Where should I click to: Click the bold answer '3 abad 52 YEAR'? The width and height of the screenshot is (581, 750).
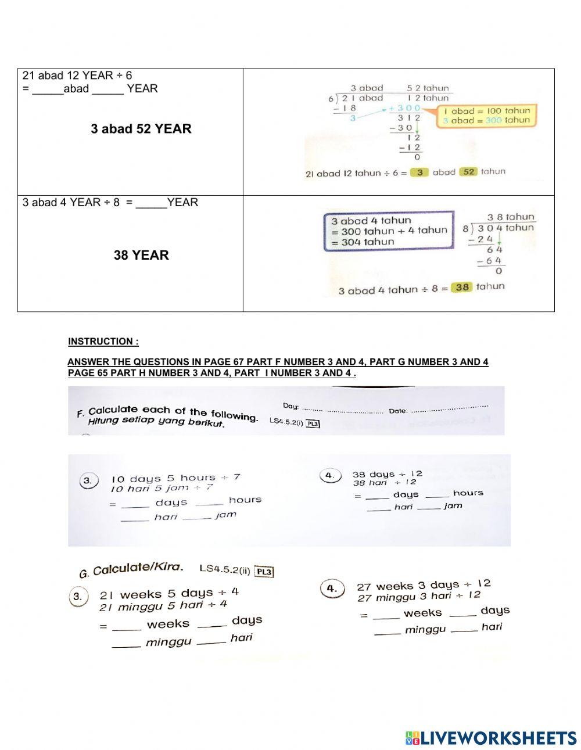141,129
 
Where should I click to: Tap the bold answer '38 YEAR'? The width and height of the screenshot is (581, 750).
141,255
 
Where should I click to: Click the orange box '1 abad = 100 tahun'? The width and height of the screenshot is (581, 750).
486,116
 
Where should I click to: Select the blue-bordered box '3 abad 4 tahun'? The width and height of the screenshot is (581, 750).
388,231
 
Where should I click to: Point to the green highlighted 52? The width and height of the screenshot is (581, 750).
469,172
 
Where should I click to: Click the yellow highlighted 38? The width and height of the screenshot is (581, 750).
462,287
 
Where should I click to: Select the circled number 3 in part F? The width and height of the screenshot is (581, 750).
87,481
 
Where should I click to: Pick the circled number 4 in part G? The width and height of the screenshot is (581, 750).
332,588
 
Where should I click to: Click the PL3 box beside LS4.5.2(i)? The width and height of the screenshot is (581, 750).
313,424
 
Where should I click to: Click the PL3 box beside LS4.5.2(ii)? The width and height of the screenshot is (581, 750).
264,572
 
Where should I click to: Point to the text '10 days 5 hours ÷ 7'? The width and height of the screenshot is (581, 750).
175,478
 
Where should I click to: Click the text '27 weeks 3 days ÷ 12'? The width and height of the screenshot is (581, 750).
424,585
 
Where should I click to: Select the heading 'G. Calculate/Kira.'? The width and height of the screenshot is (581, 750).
131,569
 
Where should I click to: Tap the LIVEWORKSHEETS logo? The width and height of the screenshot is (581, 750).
491,738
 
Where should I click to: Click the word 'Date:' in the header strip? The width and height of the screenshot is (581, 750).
398,411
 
